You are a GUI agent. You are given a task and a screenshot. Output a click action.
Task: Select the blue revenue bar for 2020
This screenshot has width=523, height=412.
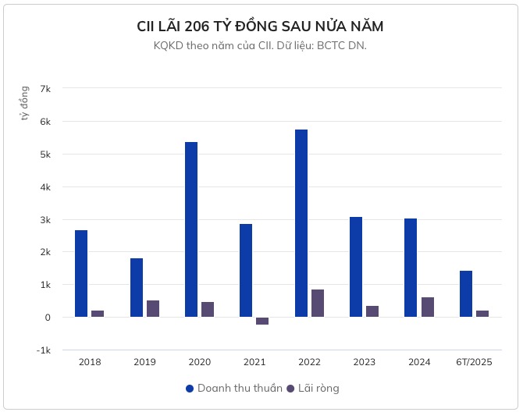[x=191, y=229]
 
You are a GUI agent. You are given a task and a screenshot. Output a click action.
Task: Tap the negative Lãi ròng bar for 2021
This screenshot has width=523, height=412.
[x=262, y=321]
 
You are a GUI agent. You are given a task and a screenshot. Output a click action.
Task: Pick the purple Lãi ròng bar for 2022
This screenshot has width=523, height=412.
[x=318, y=303]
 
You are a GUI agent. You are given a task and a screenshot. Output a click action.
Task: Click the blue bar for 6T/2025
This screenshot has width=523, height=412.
[x=466, y=294]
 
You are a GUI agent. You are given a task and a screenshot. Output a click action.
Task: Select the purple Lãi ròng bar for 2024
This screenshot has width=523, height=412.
[x=428, y=307]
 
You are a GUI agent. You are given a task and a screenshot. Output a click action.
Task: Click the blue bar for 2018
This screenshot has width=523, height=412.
[x=81, y=273]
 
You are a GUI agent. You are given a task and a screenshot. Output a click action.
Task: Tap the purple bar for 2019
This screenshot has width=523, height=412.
[x=153, y=308]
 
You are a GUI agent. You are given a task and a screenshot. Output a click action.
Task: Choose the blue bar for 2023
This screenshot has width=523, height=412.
[x=356, y=267]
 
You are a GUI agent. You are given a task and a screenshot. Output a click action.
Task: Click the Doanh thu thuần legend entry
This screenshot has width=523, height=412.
[x=233, y=388]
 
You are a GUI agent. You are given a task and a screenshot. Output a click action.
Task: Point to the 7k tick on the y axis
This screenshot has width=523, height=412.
[x=45, y=89]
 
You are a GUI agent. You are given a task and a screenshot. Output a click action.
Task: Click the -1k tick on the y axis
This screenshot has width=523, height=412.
[x=44, y=350]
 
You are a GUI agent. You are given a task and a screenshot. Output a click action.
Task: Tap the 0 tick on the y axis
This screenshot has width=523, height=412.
[x=48, y=318]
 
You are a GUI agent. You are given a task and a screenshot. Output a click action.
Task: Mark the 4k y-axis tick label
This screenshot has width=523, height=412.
[x=45, y=187]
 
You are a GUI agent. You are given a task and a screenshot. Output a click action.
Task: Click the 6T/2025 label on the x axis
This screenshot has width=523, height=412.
[x=474, y=363]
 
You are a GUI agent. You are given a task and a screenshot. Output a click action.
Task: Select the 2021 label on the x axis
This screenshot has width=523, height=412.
[x=254, y=363]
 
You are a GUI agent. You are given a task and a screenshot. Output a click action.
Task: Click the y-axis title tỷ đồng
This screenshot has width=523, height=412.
[x=24, y=105]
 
